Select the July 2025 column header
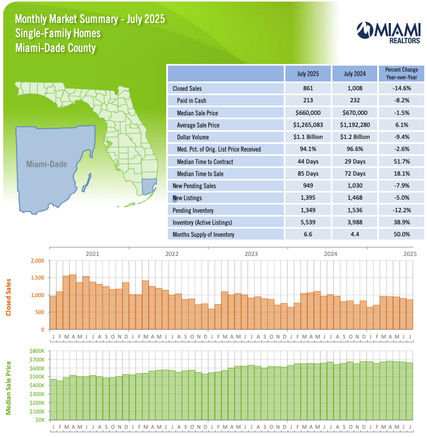(308, 73)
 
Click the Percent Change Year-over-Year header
(401, 73)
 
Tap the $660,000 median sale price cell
(308, 113)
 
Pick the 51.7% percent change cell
(401, 161)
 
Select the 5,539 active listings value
(308, 223)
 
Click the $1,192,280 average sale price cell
(355, 125)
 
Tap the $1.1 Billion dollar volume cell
(308, 137)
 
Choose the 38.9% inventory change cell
(401, 223)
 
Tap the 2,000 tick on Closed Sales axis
(37, 261)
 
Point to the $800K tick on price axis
(36, 350)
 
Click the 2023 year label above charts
(251, 254)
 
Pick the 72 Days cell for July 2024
(355, 173)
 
